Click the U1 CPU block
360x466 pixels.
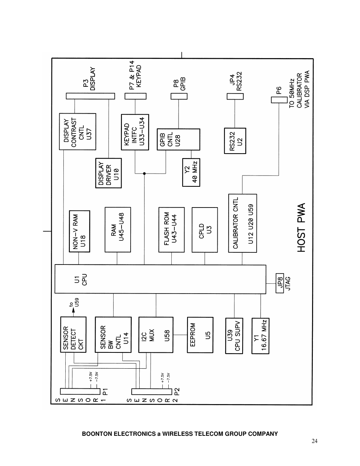coord(160,279)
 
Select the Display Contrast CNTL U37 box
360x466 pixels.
coord(78,131)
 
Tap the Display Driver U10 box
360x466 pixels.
coord(108,173)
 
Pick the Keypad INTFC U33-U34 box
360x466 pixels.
coord(135,132)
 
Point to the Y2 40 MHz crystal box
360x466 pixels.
coord(191,172)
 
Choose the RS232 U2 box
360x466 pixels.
coord(235,141)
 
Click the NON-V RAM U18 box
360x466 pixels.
coord(79,231)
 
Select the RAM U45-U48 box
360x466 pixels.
coord(117,229)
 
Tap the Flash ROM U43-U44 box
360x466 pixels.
coord(171,229)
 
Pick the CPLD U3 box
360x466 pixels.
coord(205,229)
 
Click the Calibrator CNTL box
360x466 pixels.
coord(242,223)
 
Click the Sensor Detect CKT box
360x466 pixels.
coord(73,334)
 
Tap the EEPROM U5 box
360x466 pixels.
coord(200,335)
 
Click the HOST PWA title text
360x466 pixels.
coord(301,228)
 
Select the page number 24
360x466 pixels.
coord(315,441)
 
